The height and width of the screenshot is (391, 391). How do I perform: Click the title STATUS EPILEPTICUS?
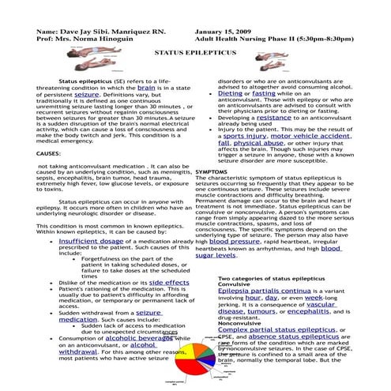click(195, 49)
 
